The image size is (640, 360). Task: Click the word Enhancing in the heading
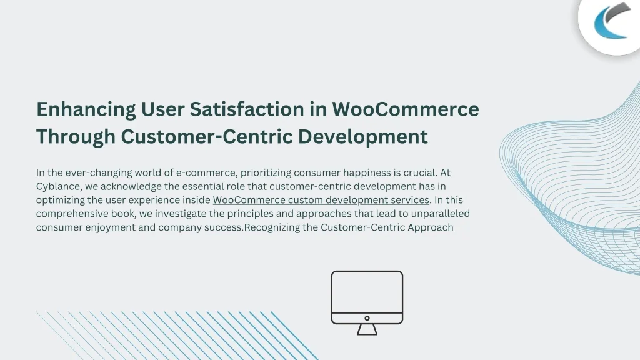[x=86, y=110]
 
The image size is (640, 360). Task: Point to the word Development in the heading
[x=363, y=137]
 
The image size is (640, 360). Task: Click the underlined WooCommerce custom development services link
[x=321, y=200]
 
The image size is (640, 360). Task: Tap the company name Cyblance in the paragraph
[x=59, y=186]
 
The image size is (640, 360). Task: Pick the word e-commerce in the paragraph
[x=206, y=172]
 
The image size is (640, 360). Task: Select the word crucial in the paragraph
[x=420, y=172]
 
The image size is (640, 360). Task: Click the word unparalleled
[x=441, y=214]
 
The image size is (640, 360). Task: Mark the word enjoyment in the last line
[x=110, y=227]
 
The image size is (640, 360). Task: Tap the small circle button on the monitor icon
[x=367, y=318]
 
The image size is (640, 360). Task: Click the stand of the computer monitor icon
[x=367, y=330]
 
